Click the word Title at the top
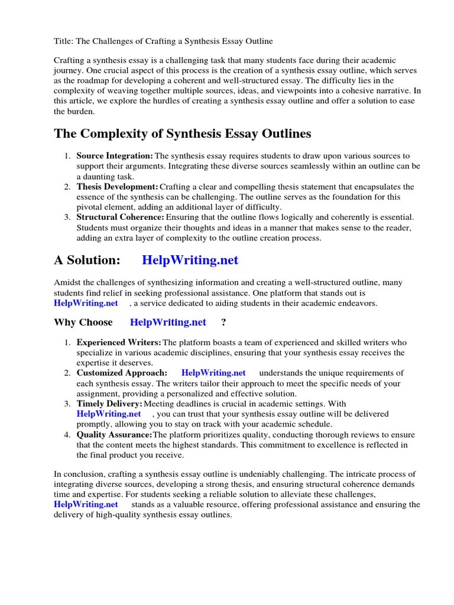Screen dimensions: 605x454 point(63,41)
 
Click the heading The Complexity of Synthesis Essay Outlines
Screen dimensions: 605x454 point(182,134)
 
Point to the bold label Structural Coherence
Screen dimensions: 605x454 point(120,217)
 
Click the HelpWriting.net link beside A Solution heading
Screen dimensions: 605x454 point(190,260)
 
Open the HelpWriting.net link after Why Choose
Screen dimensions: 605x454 point(168,322)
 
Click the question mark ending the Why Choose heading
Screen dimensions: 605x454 point(223,322)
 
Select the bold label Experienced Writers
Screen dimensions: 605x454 point(119,342)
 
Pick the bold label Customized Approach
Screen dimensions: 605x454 point(122,373)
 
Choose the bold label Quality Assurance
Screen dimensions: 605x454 point(114,434)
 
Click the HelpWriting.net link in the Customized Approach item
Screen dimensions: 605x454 point(213,373)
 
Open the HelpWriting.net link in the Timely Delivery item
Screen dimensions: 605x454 point(109,414)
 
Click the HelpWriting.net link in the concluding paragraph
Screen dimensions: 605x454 point(86,504)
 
